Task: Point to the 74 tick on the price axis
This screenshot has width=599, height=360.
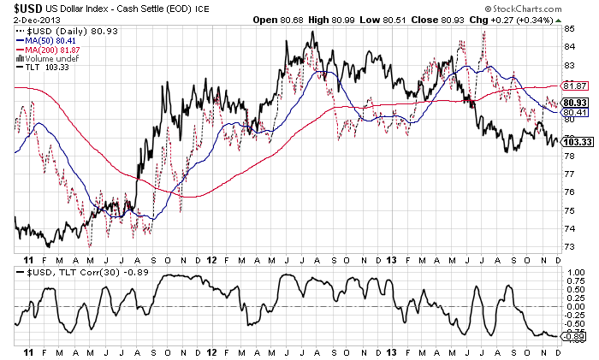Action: (569, 230)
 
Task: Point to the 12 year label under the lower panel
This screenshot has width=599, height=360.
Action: (211, 352)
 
